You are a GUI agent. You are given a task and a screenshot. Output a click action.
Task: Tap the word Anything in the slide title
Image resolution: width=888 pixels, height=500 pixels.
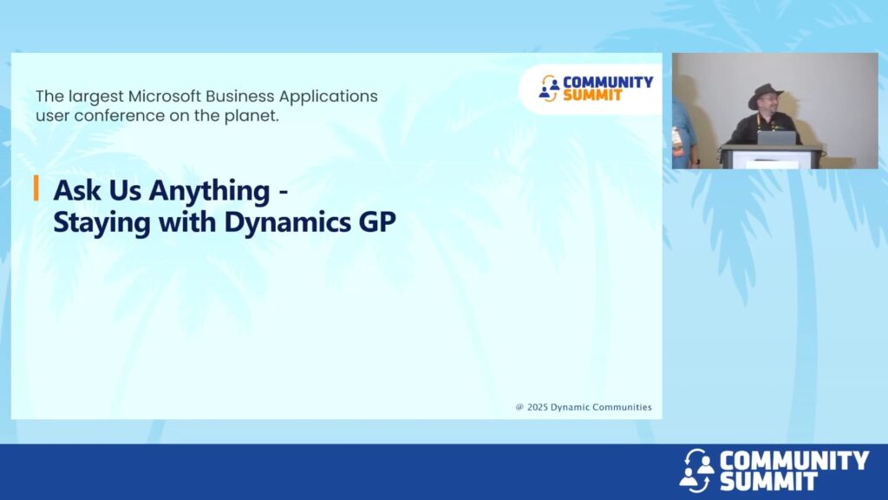point(209,191)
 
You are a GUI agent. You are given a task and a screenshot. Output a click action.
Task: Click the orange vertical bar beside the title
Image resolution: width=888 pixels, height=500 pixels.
point(36,188)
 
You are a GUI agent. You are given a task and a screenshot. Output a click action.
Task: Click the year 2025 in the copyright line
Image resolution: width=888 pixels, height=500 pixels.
point(538,407)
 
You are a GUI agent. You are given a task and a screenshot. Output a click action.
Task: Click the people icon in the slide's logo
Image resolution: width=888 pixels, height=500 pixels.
point(548,89)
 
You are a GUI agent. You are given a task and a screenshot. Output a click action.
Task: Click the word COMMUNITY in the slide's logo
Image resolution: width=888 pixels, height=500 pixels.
point(608,82)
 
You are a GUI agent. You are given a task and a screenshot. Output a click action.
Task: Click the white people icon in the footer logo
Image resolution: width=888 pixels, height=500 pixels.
point(696,470)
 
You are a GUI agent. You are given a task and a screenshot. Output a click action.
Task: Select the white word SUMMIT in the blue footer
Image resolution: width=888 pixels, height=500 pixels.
point(768,481)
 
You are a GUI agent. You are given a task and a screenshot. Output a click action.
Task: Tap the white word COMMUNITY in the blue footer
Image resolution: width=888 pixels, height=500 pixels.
point(794,460)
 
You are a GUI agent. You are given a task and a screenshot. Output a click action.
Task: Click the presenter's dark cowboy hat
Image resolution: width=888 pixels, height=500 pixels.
point(766,95)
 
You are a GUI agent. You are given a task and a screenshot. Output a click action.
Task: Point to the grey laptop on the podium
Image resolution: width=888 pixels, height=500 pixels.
point(776,138)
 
